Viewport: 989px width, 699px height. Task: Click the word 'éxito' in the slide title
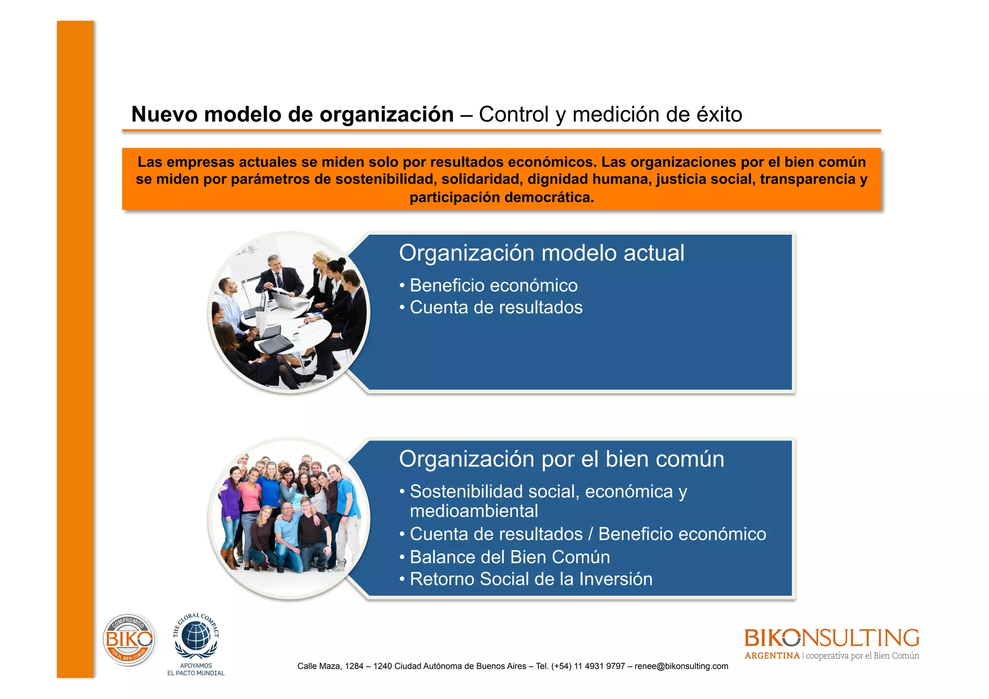click(719, 115)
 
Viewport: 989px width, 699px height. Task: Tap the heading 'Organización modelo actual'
click(541, 253)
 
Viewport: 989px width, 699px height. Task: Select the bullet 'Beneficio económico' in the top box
click(493, 285)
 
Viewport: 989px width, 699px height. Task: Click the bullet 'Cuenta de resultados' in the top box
click(496, 308)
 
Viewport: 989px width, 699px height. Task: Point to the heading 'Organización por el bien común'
click(561, 459)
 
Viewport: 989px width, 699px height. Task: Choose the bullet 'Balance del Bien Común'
click(509, 557)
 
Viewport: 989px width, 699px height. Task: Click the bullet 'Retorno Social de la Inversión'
click(531, 579)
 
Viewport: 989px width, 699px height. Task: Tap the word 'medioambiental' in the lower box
click(474, 511)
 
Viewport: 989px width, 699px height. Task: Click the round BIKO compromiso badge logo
click(128, 640)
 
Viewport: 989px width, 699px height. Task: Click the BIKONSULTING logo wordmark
click(832, 638)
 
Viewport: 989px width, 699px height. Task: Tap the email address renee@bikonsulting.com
click(681, 666)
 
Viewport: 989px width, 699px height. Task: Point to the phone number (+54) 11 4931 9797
click(588, 666)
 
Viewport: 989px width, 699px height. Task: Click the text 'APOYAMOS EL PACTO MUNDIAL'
click(196, 670)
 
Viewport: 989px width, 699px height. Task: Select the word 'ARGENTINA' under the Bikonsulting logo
click(772, 656)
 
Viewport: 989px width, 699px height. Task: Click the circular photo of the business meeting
click(289, 312)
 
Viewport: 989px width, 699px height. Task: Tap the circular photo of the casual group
click(289, 518)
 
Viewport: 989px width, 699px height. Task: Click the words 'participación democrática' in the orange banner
click(501, 198)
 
